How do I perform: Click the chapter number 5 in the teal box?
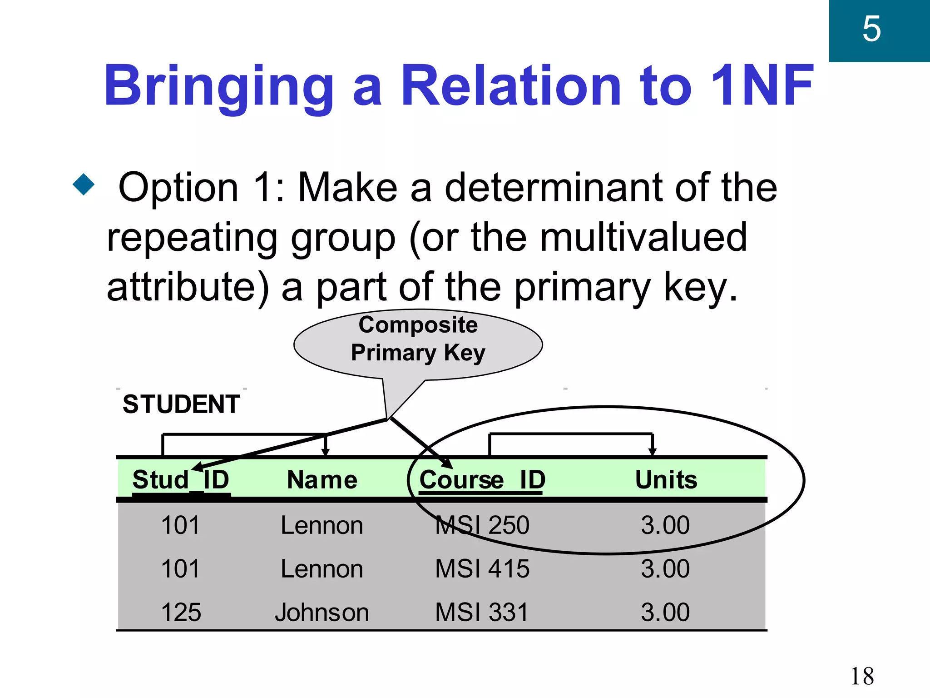(871, 29)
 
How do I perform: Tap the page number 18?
(862, 676)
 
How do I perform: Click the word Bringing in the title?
(219, 86)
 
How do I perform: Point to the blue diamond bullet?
(84, 184)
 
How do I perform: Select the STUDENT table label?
(181, 404)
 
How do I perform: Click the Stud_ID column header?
(181, 480)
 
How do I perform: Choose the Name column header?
(322, 480)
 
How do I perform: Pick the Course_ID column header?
(482, 480)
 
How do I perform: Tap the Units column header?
(666, 480)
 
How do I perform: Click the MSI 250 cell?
(482, 525)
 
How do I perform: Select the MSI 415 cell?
(482, 568)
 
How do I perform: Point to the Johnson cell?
(322, 612)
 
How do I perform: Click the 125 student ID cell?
(181, 612)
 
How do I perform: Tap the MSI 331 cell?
(482, 612)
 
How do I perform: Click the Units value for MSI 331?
(665, 612)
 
